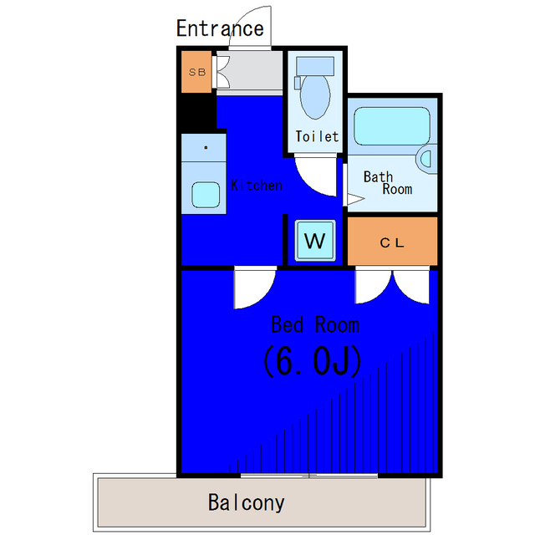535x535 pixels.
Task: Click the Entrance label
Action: (x=220, y=28)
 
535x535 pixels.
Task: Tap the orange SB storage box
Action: (x=196, y=72)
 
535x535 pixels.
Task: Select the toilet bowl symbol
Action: (x=315, y=97)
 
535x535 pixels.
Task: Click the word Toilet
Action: (x=317, y=136)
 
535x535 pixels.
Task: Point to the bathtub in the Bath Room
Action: (x=392, y=126)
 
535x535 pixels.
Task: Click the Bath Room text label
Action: (x=388, y=183)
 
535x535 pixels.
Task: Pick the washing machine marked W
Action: (x=314, y=241)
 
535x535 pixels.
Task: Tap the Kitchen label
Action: (x=257, y=186)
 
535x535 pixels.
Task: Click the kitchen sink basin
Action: (x=206, y=195)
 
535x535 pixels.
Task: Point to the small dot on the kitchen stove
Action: (x=206, y=148)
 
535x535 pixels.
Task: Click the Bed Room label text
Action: (x=314, y=325)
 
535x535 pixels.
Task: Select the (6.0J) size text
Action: (x=312, y=361)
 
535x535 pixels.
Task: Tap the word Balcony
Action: (x=246, y=502)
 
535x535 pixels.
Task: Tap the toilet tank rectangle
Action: (x=315, y=66)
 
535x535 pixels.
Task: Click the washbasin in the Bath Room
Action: (x=427, y=159)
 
